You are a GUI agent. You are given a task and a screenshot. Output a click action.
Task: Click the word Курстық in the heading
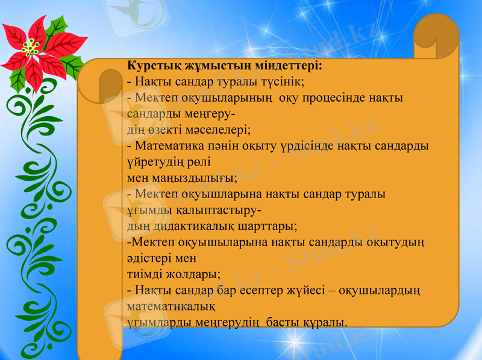(152, 66)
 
